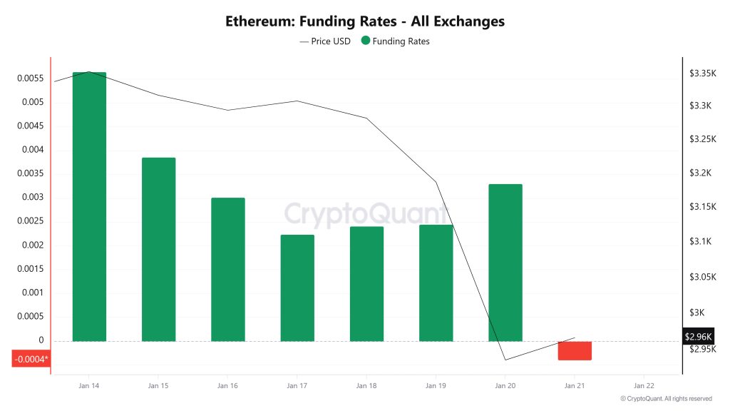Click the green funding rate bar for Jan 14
click(x=89, y=207)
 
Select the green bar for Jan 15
click(x=158, y=250)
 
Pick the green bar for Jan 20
click(x=505, y=263)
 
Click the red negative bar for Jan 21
click(x=575, y=350)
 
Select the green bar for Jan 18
click(x=366, y=284)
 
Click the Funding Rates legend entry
click(x=396, y=41)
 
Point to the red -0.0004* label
click(x=31, y=358)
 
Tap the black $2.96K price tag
click(x=698, y=336)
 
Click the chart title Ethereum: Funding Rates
click(x=365, y=21)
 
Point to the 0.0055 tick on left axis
click(x=30, y=78)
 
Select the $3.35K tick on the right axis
click(x=701, y=73)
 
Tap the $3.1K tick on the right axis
click(x=701, y=242)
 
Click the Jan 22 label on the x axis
click(x=644, y=385)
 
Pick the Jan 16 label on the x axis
click(x=227, y=385)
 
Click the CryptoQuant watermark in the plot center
click(x=365, y=213)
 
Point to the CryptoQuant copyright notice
click(x=666, y=399)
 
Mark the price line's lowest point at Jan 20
click(x=505, y=359)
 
